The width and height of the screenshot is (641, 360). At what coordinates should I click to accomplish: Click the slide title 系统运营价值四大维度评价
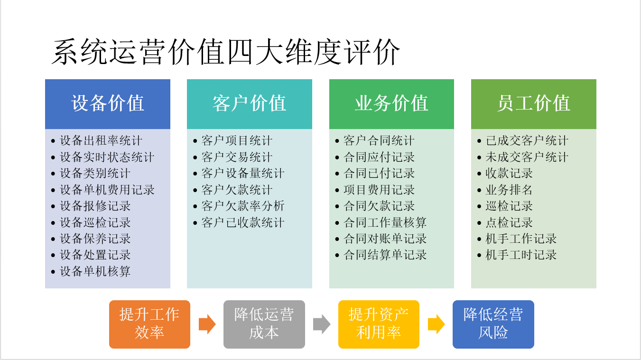click(225, 52)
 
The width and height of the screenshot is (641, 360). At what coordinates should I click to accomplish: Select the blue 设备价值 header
click(108, 104)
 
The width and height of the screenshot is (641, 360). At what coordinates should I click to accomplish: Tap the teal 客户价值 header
click(250, 104)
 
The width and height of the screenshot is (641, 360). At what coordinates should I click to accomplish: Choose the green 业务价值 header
click(391, 104)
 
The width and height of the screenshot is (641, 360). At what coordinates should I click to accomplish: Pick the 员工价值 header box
click(533, 104)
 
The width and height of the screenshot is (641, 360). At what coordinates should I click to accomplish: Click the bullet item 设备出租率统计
click(101, 141)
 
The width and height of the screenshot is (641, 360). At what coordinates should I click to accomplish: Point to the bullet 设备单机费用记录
click(107, 190)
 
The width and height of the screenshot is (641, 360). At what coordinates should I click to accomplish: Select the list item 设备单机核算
click(95, 272)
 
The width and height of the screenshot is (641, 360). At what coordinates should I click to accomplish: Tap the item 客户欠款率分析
click(243, 206)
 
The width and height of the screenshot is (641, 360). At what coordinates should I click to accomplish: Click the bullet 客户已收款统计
click(243, 223)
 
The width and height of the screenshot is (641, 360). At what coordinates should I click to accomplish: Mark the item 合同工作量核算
click(385, 223)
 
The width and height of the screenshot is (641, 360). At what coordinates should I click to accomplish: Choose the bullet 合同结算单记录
click(385, 255)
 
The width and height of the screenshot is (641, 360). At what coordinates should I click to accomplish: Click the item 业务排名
click(509, 190)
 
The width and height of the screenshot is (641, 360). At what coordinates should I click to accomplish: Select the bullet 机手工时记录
click(521, 255)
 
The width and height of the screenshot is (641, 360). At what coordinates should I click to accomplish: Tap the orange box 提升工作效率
click(149, 324)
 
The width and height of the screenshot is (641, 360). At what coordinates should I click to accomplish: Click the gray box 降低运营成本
click(264, 324)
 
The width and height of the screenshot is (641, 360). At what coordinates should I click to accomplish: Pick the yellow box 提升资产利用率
click(379, 324)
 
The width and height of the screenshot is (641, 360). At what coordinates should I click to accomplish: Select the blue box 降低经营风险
click(493, 324)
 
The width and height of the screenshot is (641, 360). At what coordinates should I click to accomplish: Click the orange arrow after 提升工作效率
click(207, 324)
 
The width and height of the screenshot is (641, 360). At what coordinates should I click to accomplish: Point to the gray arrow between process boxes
click(321, 324)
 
